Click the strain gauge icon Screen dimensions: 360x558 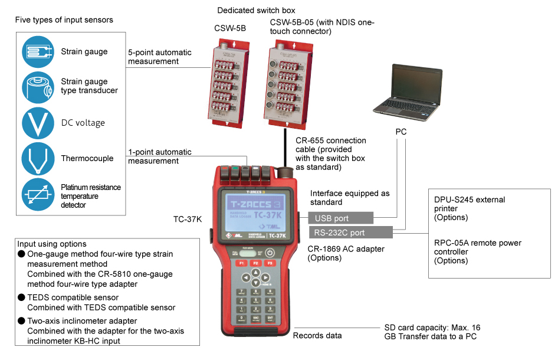tap(38, 51)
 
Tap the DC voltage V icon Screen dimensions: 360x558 tap(38, 123)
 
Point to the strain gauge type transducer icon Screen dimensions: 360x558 tap(38, 87)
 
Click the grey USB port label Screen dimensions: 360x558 tap(340, 218)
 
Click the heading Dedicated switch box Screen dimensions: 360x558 tap(256, 11)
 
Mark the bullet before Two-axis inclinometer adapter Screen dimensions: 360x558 tap(21, 320)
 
